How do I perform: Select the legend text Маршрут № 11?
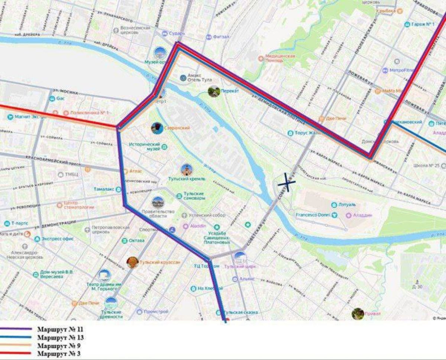point(60,329)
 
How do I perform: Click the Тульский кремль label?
point(192,179)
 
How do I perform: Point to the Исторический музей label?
point(145,146)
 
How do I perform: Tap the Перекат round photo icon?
point(214,91)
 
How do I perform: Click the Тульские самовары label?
point(194,196)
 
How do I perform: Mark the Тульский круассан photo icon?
point(132,262)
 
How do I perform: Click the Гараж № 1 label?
point(423,25)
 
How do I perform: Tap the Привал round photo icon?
point(358,313)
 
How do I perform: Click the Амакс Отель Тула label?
point(194,78)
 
